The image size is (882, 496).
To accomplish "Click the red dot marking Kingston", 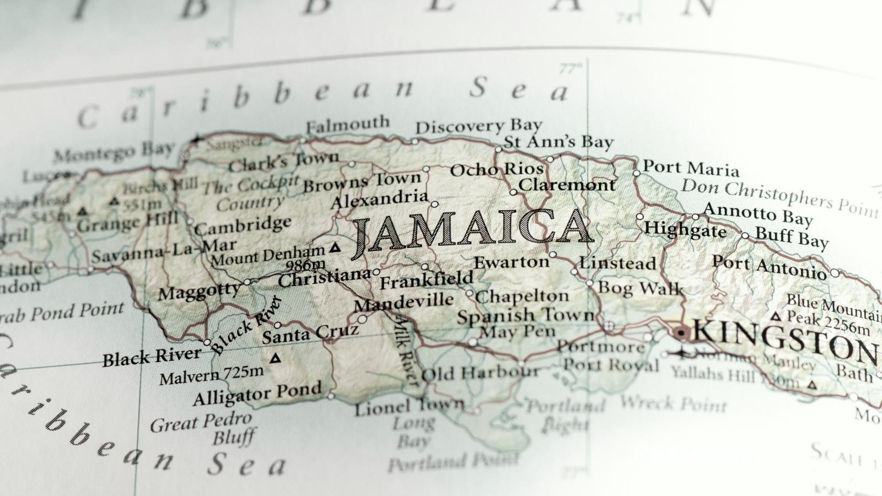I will tap(681, 332).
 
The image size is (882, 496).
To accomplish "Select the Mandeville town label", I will tap(404, 302).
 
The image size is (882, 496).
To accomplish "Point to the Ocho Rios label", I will tap(497, 170).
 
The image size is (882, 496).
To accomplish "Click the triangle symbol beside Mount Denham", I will tap(335, 248).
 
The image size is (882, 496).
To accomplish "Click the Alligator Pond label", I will tap(257, 393).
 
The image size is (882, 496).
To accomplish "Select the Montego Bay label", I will tap(113, 152).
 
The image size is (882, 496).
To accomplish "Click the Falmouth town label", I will tap(347, 125).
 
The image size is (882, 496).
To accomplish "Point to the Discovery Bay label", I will tap(478, 127).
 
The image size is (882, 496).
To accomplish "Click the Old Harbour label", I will tap(480, 374).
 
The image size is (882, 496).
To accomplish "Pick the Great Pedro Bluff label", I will tap(201, 429).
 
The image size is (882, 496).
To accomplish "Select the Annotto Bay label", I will tap(758, 214).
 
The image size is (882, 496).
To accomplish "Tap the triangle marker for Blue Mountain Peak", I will tap(776, 317).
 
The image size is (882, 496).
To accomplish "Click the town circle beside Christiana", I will tap(377, 272).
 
